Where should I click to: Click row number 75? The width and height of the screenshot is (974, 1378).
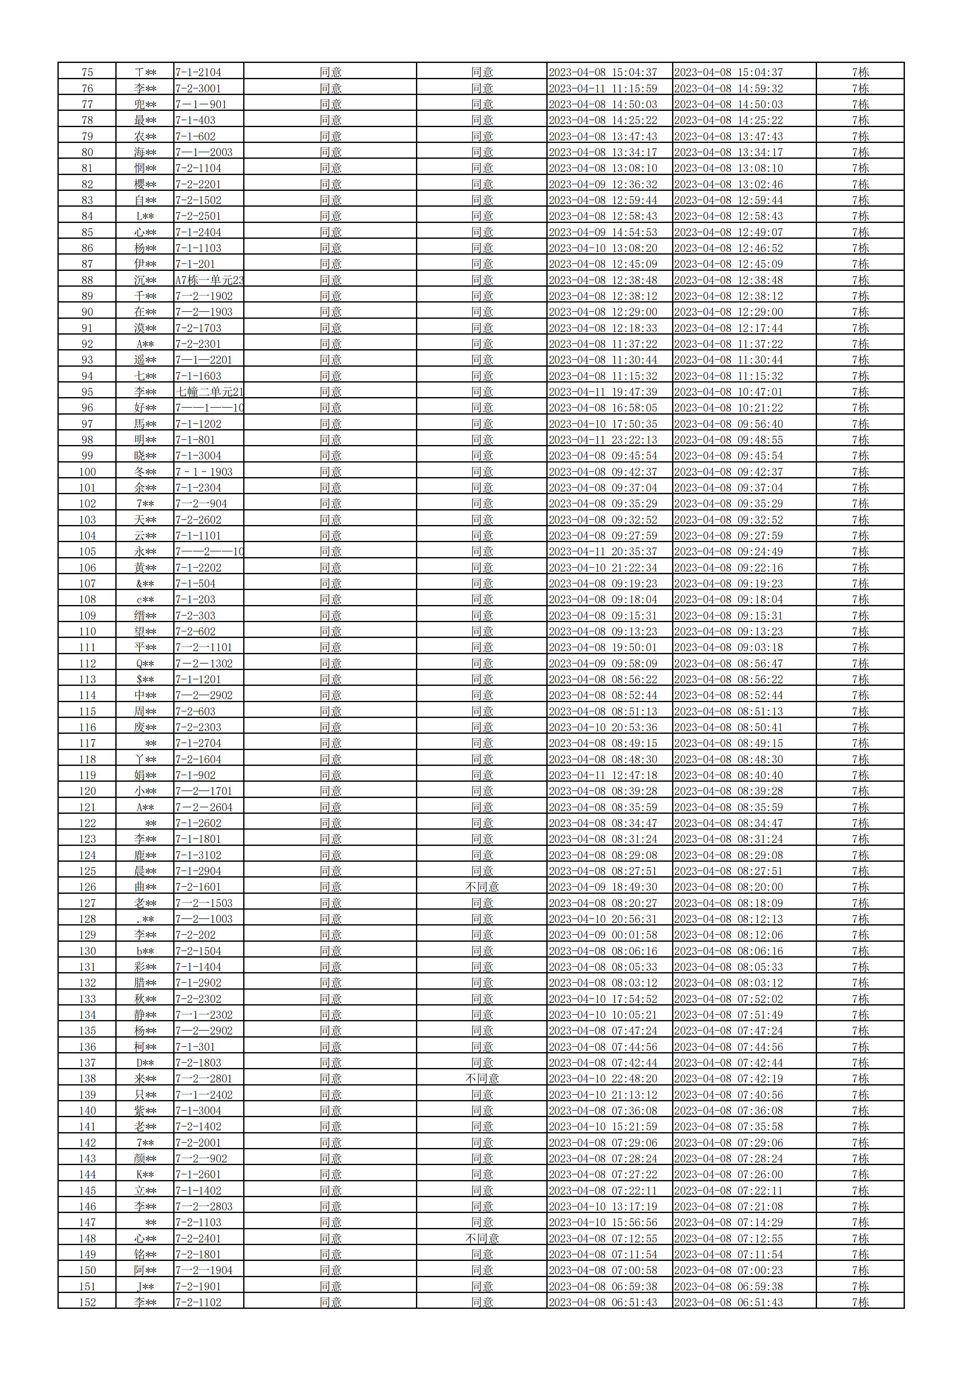[87, 73]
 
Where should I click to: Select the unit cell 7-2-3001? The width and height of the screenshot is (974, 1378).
[199, 89]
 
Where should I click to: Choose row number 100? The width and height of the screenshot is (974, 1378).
[87, 472]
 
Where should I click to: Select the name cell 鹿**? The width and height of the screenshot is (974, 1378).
[145, 855]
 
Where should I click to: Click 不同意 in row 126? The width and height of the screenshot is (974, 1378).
[482, 887]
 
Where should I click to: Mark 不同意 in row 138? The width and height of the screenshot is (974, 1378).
[482, 1078]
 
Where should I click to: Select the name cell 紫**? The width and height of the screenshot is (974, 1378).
[145, 1111]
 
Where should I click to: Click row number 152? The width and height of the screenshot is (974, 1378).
[87, 1303]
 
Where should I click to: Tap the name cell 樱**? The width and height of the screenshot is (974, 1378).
[145, 184]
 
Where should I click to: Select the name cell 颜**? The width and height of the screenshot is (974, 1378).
[145, 1158]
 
